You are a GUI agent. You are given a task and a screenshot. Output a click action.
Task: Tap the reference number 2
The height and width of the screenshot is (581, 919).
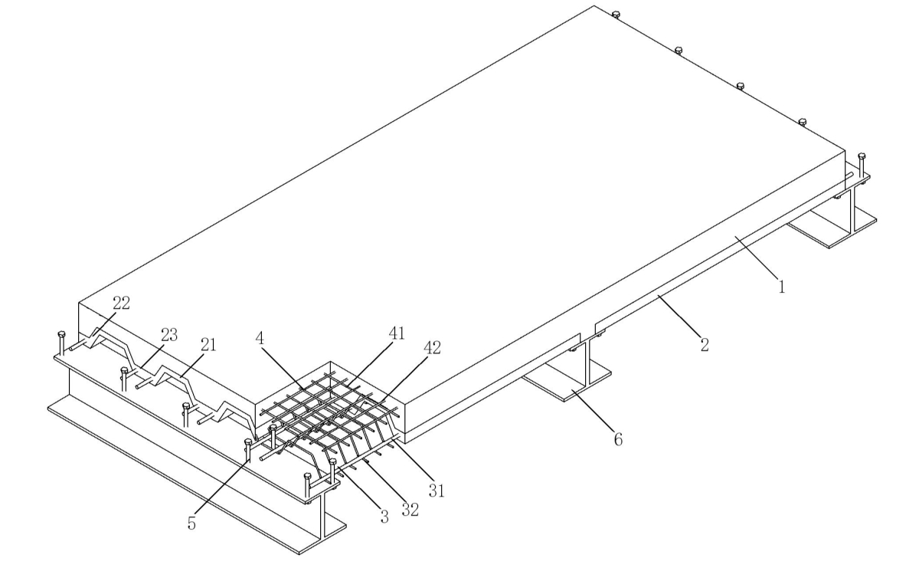pyautogui.click(x=704, y=345)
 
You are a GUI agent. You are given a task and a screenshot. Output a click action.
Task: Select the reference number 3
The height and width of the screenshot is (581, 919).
pyautogui.click(x=384, y=516)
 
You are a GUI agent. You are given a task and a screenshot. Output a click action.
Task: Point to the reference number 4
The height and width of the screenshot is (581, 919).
pyautogui.click(x=263, y=338)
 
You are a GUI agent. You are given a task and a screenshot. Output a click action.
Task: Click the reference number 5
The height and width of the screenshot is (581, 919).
pyautogui.click(x=192, y=524)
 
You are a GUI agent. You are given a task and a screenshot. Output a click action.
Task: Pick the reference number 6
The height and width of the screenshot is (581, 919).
pyautogui.click(x=618, y=439)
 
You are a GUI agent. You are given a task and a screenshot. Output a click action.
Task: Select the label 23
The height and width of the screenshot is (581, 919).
pyautogui.click(x=168, y=335)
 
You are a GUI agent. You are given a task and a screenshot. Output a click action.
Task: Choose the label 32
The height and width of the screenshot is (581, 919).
pyautogui.click(x=410, y=509)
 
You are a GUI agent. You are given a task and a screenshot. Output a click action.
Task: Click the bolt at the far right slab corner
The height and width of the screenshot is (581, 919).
pyautogui.click(x=862, y=156)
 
